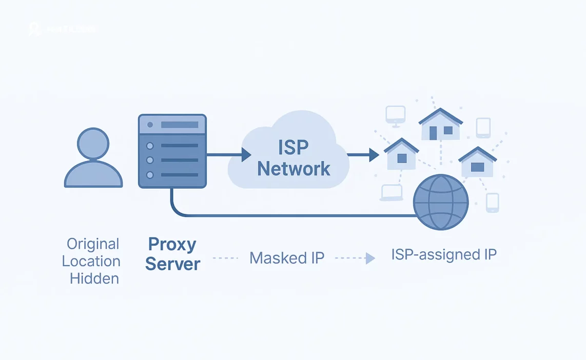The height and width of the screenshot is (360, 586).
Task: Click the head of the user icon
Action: coord(93,144)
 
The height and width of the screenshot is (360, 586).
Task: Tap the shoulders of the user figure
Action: coord(93,175)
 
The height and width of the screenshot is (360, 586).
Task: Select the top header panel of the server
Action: coord(172,125)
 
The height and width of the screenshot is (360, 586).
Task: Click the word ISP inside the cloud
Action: coord(294,147)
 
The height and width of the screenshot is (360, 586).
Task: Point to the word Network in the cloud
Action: coord(294,168)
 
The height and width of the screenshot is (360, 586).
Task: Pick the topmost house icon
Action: coord(440,125)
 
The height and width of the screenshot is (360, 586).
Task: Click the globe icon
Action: coord(441,202)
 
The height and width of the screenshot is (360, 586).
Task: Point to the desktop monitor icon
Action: coord(395,116)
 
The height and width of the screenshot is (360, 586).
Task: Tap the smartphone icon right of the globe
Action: coord(492,203)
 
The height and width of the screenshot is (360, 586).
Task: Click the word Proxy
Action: coord(172,244)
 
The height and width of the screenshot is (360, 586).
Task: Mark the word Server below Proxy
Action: coord(172,264)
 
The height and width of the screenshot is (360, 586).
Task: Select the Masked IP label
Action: coord(287,258)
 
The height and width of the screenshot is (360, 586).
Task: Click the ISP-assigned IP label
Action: coord(444,254)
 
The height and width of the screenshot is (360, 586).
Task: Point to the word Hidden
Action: coord(94,278)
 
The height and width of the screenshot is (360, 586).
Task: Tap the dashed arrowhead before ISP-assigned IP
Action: coord(370,258)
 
